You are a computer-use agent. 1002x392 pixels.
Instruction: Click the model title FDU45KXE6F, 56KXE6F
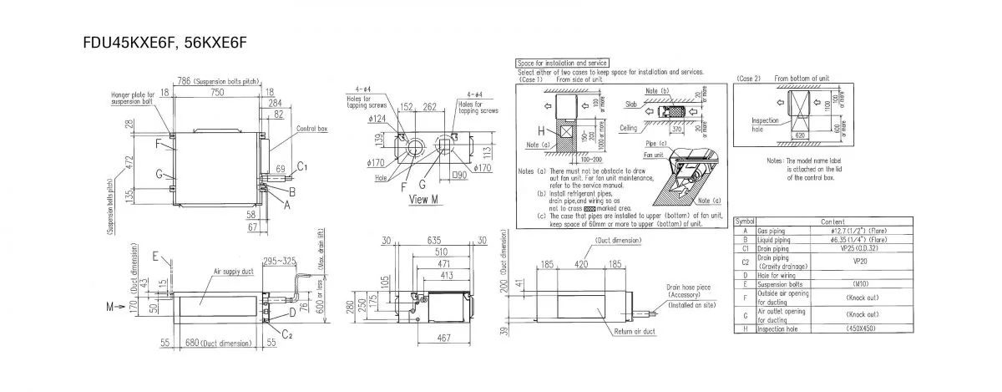pyautogui.click(x=159, y=41)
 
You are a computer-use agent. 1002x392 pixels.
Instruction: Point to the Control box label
pyautogui.click(x=313, y=130)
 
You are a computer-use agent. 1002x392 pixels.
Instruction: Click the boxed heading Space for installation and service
pyautogui.click(x=562, y=63)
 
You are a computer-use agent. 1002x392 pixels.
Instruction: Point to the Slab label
pyautogui.click(x=630, y=105)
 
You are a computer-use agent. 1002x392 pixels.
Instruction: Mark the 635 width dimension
pyautogui.click(x=433, y=239)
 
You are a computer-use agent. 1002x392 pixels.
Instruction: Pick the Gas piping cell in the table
pyautogui.click(x=772, y=230)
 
